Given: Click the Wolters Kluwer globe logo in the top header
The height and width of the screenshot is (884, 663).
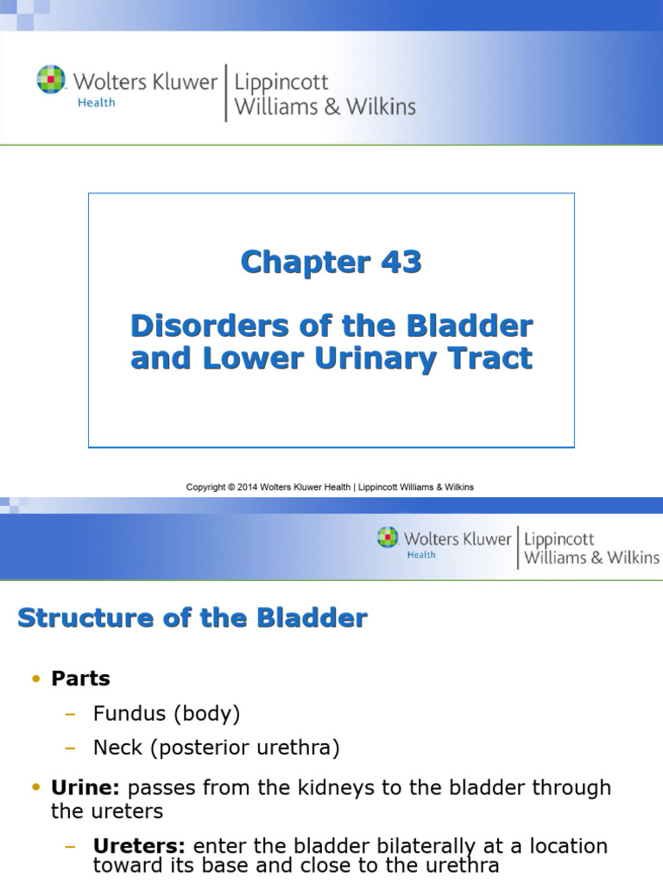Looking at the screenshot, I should pos(51,80).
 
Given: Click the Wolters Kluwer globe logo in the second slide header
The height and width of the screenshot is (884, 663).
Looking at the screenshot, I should pos(388,537).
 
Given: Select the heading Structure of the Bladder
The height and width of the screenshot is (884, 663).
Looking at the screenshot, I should pos(193,618).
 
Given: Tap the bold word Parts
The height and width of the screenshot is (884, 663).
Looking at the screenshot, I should pos(80,679).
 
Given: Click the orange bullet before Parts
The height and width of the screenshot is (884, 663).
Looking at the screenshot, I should pos(35,679).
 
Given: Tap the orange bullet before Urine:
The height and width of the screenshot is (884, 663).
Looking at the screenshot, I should pos(35,787).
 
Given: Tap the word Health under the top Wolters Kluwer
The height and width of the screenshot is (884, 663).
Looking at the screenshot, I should pos(95,103).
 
